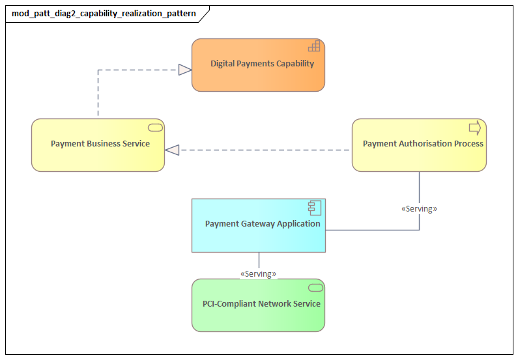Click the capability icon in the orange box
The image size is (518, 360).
(315, 46)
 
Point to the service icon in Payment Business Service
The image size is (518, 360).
(155, 127)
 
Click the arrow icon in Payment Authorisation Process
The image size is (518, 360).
(475, 127)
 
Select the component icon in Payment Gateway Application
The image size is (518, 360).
(316, 207)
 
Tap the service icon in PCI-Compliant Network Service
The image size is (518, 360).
(315, 287)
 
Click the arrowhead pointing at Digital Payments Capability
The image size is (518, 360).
(185, 70)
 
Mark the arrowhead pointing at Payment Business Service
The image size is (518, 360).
(172, 150)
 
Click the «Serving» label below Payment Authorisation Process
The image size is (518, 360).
(419, 209)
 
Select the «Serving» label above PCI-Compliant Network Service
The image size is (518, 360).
(258, 274)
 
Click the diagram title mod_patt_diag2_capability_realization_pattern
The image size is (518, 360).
(104, 13)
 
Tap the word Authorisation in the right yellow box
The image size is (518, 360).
(424, 144)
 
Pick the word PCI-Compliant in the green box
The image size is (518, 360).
(227, 304)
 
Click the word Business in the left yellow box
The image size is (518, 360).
(103, 144)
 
